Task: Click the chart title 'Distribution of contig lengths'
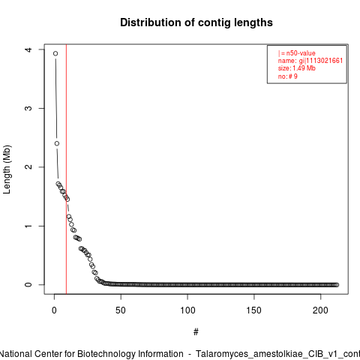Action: (196, 22)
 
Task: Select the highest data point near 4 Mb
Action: (55, 53)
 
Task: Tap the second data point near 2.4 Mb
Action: (57, 143)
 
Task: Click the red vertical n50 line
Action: (66, 169)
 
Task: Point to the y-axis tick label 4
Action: (28, 49)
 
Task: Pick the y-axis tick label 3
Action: (28, 108)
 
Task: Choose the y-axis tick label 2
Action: (28, 167)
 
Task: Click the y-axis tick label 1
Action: (28, 226)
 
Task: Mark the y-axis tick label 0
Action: (28, 285)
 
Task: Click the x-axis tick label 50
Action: (121, 310)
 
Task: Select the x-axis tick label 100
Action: (187, 310)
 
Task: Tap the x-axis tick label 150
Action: (254, 310)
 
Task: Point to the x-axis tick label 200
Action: (320, 310)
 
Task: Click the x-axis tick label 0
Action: (54, 310)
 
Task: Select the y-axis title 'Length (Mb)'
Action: (7, 169)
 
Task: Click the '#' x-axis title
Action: (196, 332)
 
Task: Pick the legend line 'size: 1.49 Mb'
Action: (297, 68)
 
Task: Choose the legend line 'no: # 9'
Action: (288, 76)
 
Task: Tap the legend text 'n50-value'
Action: (301, 53)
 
